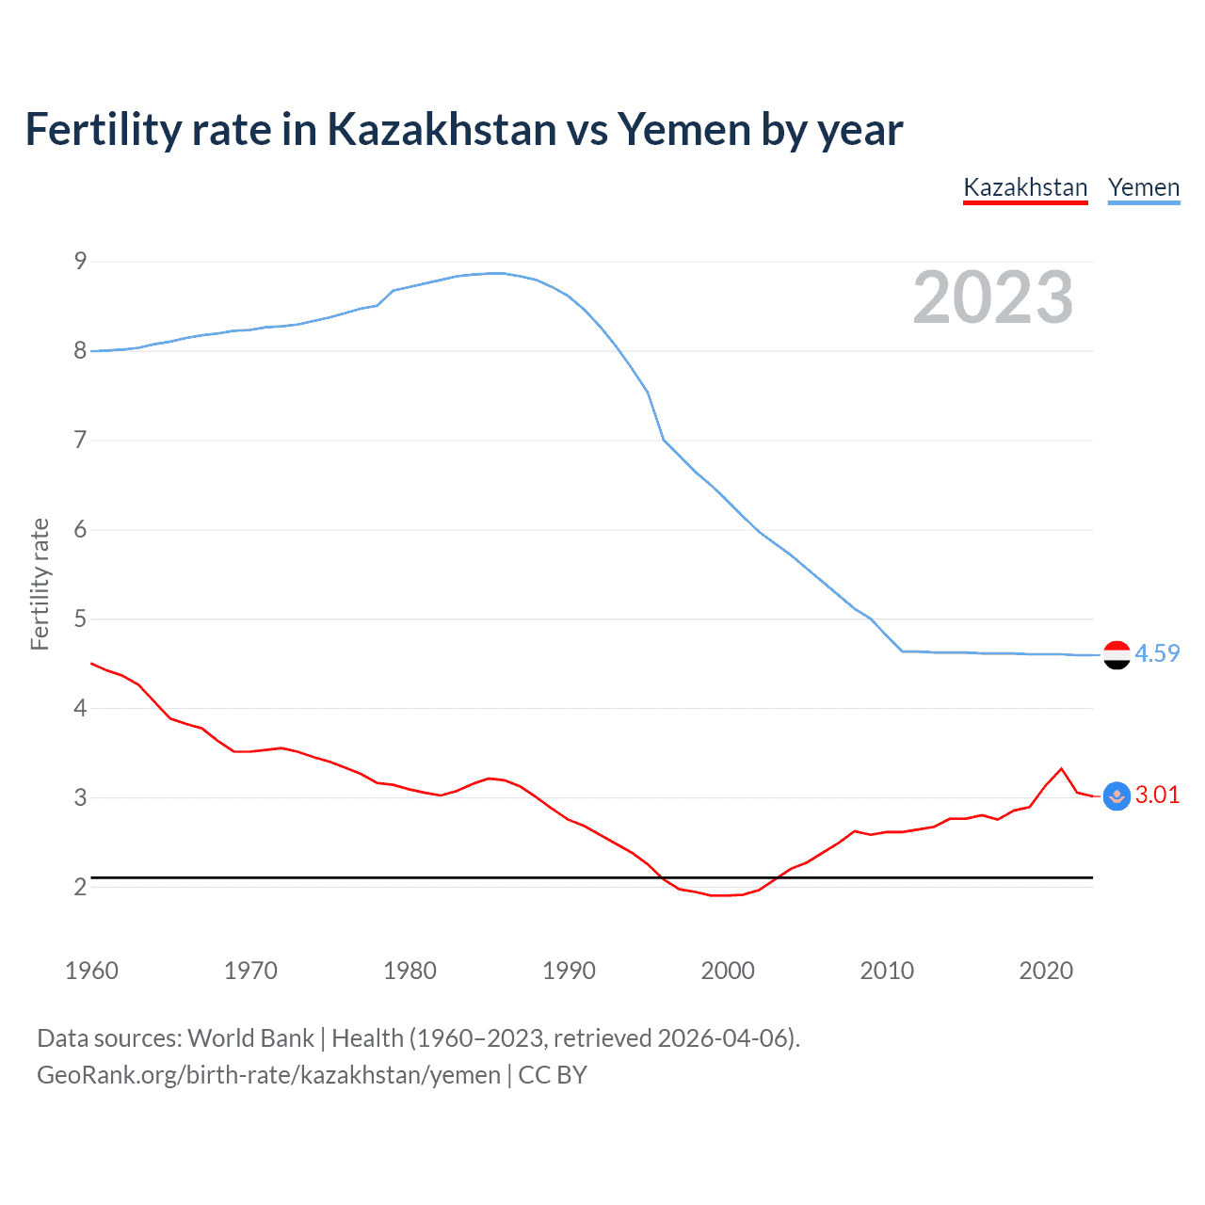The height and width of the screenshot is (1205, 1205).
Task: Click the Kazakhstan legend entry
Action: pos(1025,187)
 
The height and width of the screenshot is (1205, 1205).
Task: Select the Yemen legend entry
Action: pos(1144,187)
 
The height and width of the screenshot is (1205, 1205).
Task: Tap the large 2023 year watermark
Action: pos(992,297)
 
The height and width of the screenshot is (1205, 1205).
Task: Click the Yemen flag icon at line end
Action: pos(1117,654)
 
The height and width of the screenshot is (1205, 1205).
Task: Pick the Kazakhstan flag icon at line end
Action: pos(1117,795)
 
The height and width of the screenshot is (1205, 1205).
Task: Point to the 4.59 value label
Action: pos(1157,653)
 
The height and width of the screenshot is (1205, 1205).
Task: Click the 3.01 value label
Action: pos(1157,795)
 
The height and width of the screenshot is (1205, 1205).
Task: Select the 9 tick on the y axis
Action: pos(80,261)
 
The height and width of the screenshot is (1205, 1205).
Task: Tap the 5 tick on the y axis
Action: pos(80,619)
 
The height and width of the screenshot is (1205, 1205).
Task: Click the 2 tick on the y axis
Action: pos(80,887)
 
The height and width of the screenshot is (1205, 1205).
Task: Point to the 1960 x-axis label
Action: pos(91,971)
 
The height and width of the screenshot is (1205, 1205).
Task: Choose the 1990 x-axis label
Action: pos(569,971)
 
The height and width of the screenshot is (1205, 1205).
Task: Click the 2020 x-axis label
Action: pos(1046,971)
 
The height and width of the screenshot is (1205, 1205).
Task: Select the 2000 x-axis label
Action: pos(728,971)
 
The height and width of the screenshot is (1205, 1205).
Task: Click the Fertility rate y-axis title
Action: pos(40,584)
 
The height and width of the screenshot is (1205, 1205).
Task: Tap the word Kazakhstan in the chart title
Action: pos(442,129)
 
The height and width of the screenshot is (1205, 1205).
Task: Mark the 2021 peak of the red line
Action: pos(1062,768)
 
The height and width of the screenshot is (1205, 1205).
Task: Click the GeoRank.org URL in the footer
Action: pos(268,1075)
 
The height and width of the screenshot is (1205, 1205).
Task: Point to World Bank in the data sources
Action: pos(250,1038)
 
